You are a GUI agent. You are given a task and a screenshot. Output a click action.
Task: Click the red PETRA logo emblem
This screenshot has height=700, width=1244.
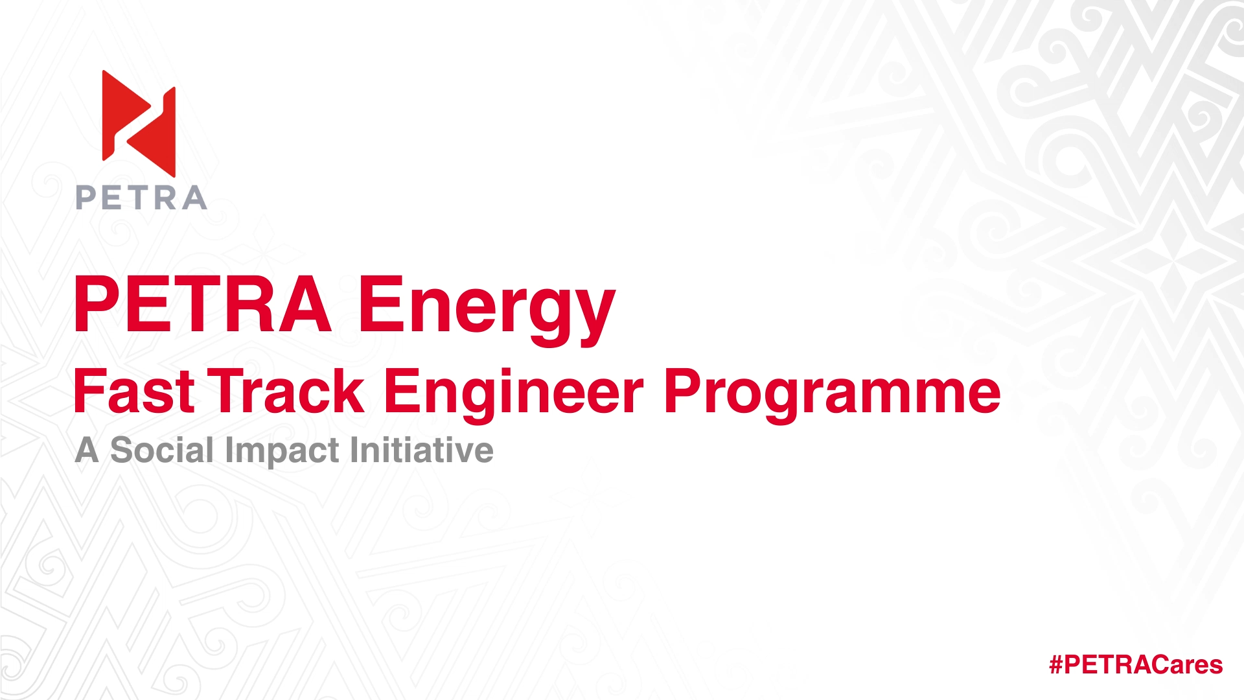[x=139, y=123]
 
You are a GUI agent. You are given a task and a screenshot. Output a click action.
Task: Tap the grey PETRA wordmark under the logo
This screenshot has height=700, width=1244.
[x=141, y=198]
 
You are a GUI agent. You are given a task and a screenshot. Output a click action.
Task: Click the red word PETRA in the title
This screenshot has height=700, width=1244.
[x=203, y=305]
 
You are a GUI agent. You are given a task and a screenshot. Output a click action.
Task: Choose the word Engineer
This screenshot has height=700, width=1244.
[x=514, y=395]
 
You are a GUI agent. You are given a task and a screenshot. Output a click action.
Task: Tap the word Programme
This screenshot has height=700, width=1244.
[x=833, y=395]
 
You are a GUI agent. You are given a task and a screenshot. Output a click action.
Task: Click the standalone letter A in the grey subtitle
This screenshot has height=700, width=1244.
[x=87, y=450]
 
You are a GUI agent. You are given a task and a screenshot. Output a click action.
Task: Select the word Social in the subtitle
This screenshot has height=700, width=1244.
[x=162, y=450]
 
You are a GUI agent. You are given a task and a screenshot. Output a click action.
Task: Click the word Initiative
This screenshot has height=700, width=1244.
[x=422, y=450]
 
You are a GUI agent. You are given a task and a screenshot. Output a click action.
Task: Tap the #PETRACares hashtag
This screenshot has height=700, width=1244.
[x=1136, y=664]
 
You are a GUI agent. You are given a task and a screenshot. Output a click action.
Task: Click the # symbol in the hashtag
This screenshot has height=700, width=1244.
[x=1056, y=664]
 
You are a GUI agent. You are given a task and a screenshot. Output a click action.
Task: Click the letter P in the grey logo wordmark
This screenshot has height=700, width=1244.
[x=86, y=198]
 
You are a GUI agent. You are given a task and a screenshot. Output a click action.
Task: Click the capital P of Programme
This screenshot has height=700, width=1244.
[x=685, y=391]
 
